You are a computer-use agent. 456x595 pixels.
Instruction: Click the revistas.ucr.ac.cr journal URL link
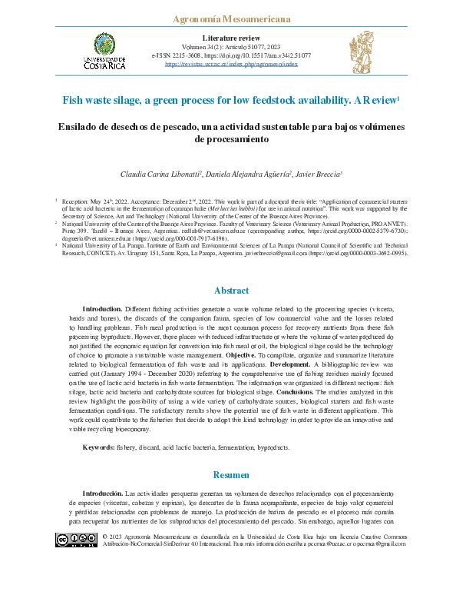coord(231,65)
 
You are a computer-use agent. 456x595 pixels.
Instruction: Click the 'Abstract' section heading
coord(230,291)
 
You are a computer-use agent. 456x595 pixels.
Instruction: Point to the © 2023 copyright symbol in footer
coord(105,536)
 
